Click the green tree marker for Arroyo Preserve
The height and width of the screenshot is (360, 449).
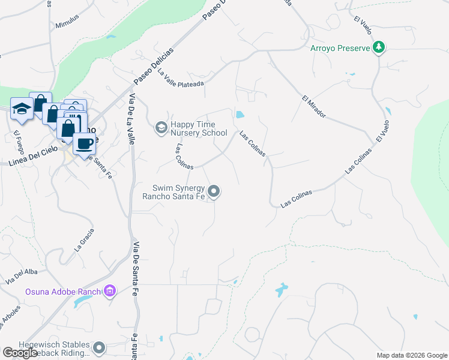click(379, 47)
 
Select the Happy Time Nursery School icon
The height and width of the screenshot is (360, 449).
click(160, 127)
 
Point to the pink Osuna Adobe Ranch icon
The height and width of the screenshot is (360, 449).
click(109, 292)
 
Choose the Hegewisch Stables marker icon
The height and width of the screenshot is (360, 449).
click(99, 347)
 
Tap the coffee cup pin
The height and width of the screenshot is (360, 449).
click(83, 143)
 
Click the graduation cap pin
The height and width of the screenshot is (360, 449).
click(22, 108)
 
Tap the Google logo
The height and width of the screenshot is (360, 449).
click(20, 353)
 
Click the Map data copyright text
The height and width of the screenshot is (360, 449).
click(411, 355)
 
